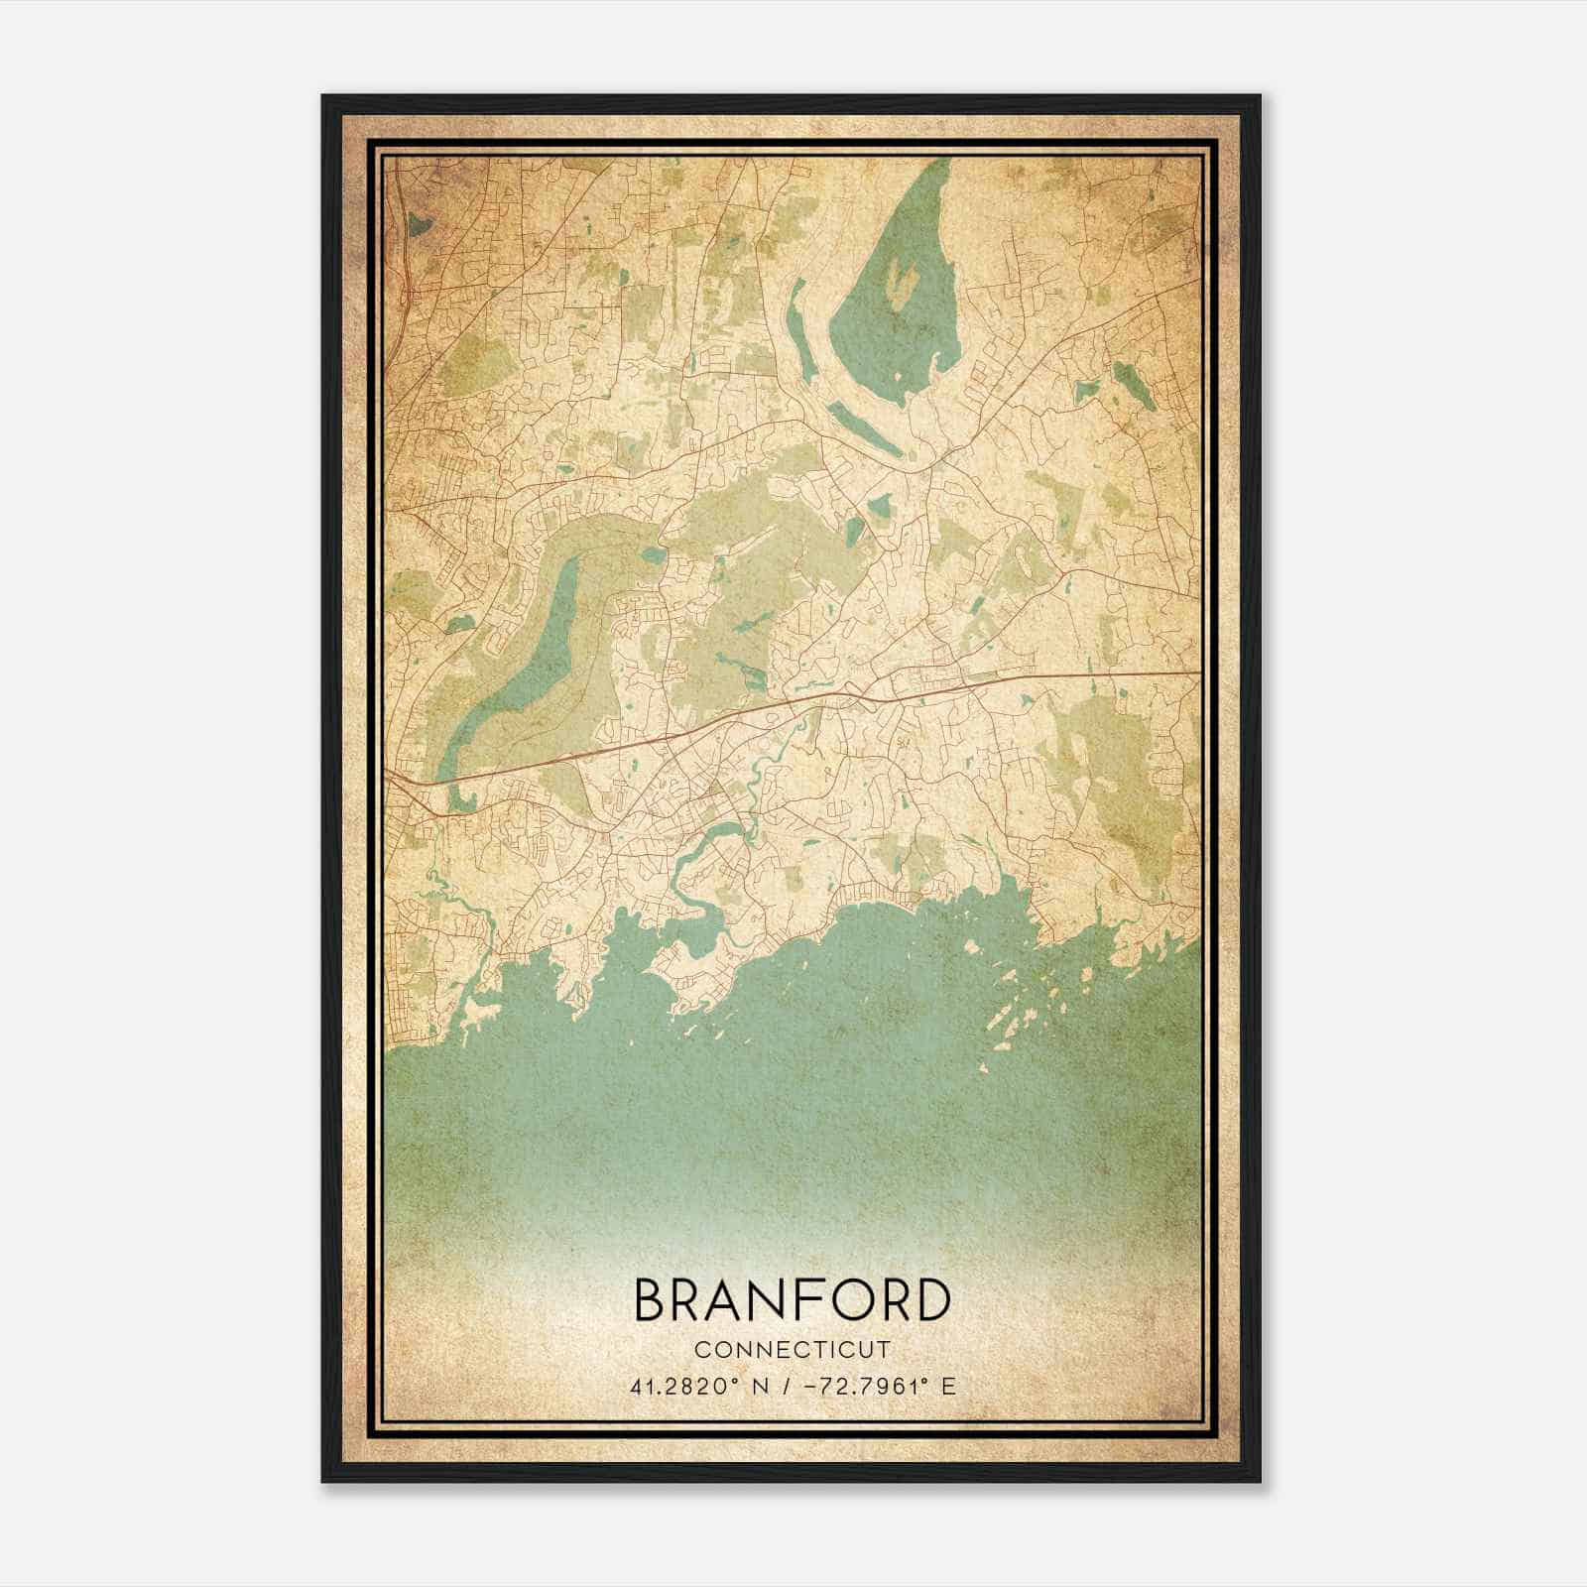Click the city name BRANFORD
[x=792, y=1300]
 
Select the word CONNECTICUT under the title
[x=792, y=1350]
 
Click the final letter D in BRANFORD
[x=930, y=1300]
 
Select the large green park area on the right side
[x=1121, y=784]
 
